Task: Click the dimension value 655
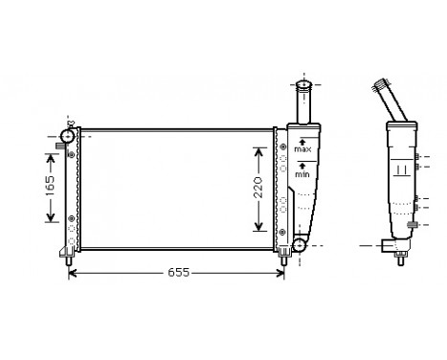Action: (x=178, y=273)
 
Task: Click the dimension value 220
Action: (x=257, y=188)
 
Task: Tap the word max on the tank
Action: (x=302, y=150)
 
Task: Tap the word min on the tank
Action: (x=302, y=174)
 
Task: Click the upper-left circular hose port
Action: (x=68, y=135)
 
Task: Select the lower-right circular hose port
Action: (x=299, y=246)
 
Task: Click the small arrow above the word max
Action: (x=302, y=141)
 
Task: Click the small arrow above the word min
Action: (x=302, y=165)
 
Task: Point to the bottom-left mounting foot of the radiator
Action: (x=68, y=257)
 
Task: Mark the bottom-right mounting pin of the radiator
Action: (x=283, y=258)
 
